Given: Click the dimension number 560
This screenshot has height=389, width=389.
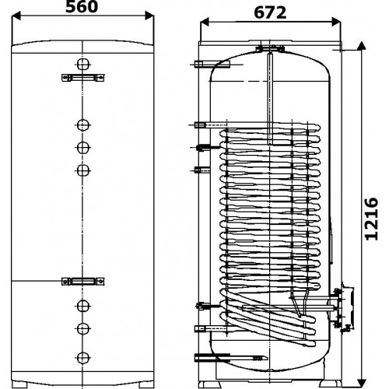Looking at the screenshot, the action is point(82,6).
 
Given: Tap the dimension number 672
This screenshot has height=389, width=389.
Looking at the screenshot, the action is point(270,12).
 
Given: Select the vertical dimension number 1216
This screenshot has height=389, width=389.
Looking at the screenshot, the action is point(372,219).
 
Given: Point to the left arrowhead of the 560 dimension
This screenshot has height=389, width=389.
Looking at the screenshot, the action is point(16,16).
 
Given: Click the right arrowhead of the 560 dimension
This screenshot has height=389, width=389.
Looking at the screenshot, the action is point(149,16).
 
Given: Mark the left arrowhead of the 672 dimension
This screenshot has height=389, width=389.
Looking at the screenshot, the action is point(205,22).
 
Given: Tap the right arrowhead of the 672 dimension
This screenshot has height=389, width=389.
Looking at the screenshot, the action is point(336,22).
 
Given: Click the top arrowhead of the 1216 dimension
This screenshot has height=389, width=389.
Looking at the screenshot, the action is point(361,46).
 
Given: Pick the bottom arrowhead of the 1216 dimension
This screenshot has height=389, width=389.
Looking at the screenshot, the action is point(361,384).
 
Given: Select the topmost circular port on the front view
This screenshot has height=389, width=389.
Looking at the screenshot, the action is point(83,64).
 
